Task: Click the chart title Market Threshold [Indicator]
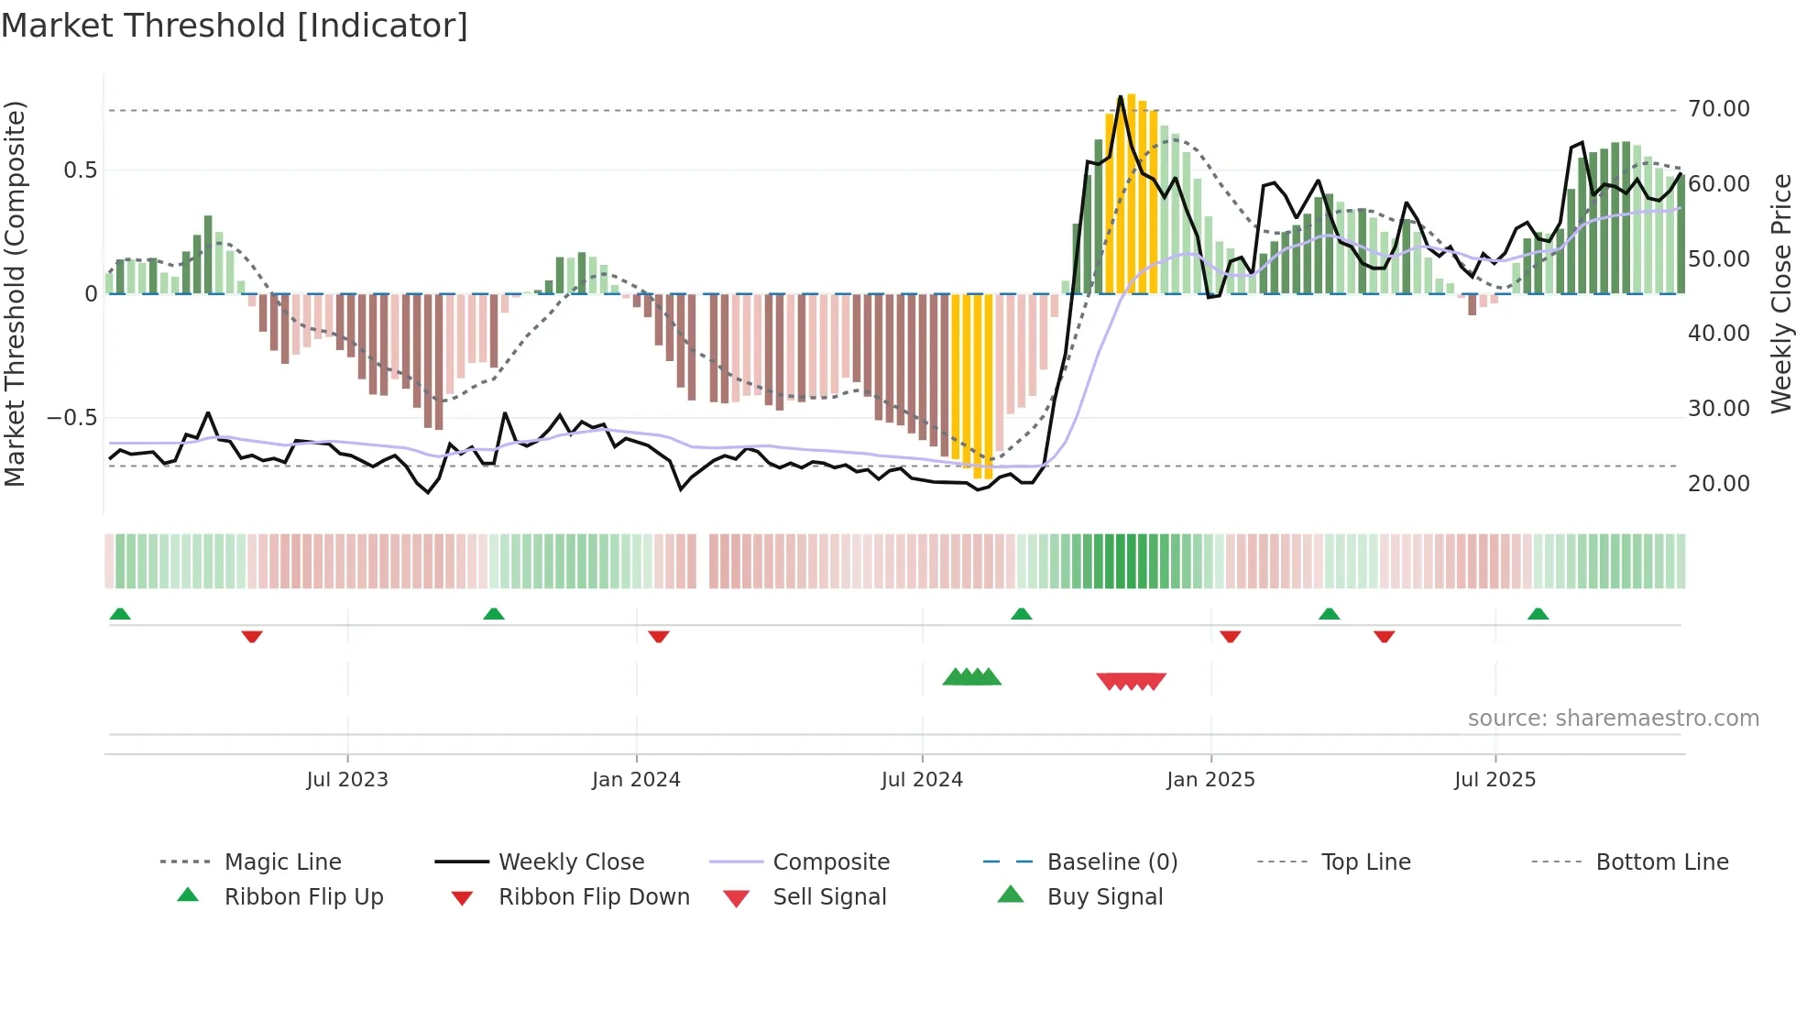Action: pos(235,26)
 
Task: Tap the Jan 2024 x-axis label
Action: pos(636,780)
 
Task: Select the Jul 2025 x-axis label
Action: pos(1495,780)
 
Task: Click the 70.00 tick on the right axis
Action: pos(1719,109)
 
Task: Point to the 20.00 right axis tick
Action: pos(1719,484)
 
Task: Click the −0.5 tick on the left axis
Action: pos(71,418)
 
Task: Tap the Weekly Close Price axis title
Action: pos(1780,293)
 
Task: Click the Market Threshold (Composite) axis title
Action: pos(15,293)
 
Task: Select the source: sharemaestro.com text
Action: pos(1613,719)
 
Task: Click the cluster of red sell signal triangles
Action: pos(1132,681)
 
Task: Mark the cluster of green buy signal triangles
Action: pos(972,677)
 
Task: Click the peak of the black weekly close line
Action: pos(1121,96)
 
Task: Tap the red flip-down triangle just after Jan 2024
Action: pos(658,636)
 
